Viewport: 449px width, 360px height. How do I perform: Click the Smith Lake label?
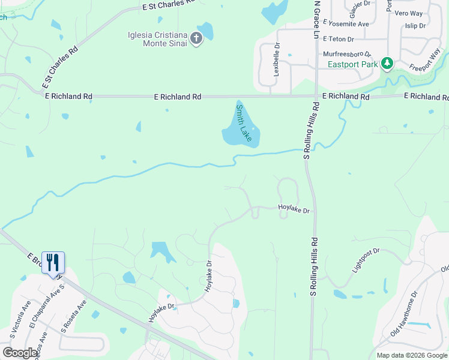243,122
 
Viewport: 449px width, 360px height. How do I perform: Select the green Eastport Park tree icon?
388,62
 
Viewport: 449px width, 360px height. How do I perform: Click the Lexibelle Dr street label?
277,59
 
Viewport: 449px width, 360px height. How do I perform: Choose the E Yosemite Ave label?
345,23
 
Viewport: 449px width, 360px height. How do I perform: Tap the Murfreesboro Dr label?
347,54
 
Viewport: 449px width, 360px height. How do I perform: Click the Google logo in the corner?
20,353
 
